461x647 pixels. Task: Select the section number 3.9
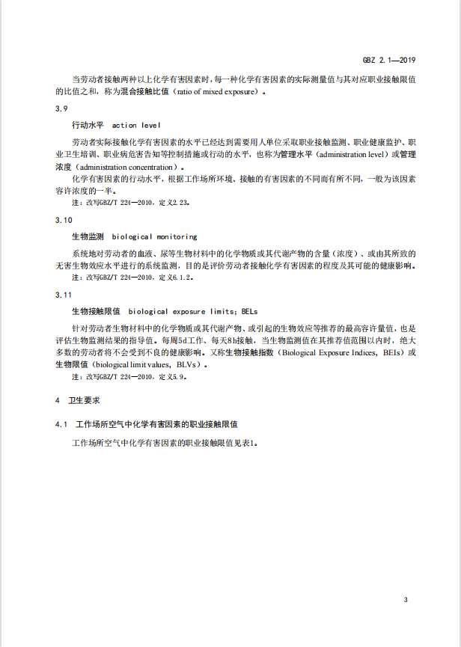pos(61,109)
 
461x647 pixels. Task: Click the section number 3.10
pos(64,220)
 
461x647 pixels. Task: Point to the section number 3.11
pos(64,295)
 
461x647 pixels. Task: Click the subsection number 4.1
pos(61,424)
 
